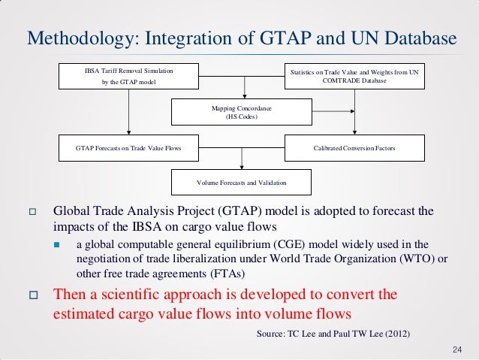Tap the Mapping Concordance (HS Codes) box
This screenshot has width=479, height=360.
[242, 113]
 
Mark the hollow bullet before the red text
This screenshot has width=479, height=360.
[32, 295]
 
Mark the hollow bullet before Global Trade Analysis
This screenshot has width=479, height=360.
[32, 213]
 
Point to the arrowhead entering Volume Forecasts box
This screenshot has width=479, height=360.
[242, 168]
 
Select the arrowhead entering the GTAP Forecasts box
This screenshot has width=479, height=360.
[129, 132]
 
